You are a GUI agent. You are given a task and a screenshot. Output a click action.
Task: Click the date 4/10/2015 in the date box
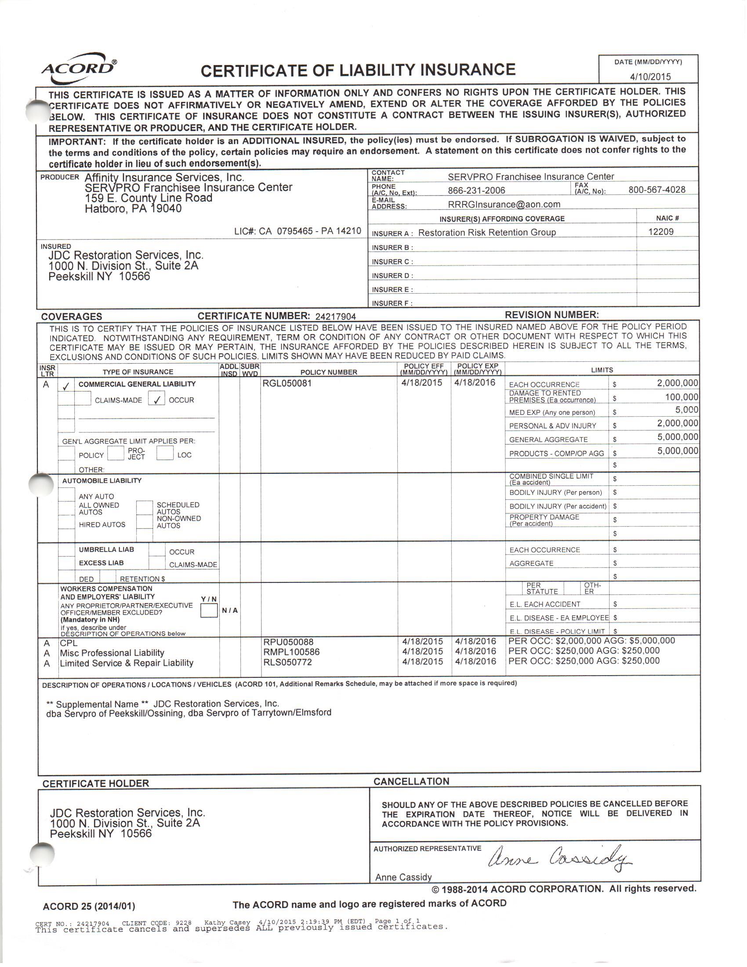(650, 76)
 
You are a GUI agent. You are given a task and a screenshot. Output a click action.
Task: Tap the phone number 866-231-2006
(476, 190)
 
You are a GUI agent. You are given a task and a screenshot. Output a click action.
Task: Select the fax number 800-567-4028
(657, 190)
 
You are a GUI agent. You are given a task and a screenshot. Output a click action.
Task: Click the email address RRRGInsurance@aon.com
(504, 204)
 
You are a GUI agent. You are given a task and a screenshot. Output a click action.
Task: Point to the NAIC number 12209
(661, 232)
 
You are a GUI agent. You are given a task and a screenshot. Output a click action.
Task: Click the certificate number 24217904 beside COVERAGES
(335, 316)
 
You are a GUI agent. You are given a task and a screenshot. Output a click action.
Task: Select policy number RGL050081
(287, 383)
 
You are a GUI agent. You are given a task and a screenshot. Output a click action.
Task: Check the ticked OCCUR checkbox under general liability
(157, 399)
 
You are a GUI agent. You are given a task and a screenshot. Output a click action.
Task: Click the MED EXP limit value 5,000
(686, 410)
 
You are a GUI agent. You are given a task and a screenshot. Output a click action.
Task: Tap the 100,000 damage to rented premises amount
(682, 397)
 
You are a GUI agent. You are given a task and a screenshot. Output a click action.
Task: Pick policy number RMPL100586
(291, 652)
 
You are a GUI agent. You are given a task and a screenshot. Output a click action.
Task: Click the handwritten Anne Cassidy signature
(560, 859)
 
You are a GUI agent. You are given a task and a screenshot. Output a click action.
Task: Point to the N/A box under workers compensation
(230, 611)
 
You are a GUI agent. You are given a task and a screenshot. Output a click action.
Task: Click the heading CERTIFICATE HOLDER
(96, 783)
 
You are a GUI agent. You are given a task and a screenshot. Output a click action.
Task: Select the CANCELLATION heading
(411, 782)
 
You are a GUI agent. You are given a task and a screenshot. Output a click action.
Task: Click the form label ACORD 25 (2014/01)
(88, 906)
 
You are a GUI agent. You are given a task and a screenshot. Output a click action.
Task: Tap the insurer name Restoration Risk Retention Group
(487, 233)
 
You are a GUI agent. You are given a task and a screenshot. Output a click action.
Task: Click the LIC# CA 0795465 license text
(297, 231)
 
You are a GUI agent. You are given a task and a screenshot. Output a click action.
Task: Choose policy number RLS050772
(287, 662)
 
